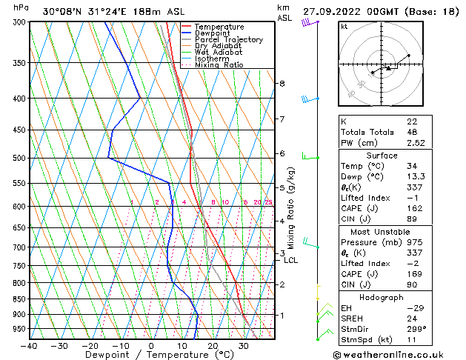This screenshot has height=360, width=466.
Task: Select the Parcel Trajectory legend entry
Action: [228, 40]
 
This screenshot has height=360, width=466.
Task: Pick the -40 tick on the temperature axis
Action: [30, 346]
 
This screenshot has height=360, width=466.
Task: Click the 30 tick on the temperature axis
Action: [244, 346]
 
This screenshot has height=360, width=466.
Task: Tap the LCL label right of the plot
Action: [291, 260]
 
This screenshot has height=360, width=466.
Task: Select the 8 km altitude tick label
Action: [282, 84]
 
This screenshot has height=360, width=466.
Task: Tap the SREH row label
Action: [352, 319]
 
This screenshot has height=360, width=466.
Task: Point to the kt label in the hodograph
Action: [344, 27]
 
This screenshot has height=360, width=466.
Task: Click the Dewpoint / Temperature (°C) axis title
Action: [151, 356]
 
